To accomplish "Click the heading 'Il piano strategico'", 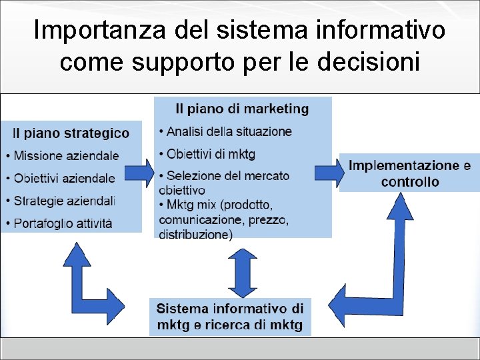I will (x=71, y=133).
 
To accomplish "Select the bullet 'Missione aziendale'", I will (x=66, y=155).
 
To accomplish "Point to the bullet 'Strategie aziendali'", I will (x=65, y=200).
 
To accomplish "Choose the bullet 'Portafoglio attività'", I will (x=63, y=223).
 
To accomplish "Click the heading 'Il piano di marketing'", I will (x=242, y=109).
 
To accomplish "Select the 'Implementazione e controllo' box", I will (x=409, y=173).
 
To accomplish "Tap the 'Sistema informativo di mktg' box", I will (x=230, y=317).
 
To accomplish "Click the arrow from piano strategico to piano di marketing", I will (x=140, y=173).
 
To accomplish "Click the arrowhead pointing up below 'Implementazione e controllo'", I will (x=400, y=207).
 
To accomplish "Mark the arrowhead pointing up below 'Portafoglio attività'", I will (x=78, y=256).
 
